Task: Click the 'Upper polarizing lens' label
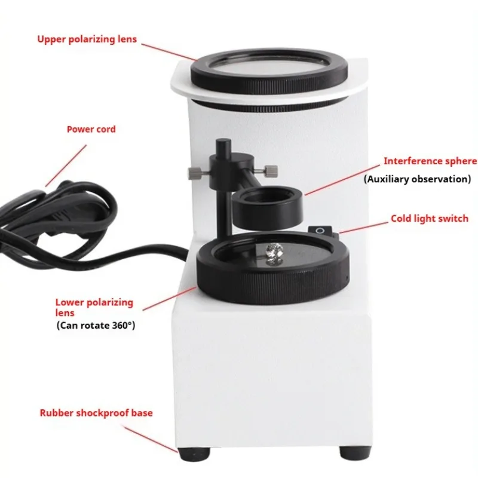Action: click(87, 39)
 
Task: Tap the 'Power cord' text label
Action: click(91, 129)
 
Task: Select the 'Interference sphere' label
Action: click(430, 161)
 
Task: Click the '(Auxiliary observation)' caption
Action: click(417, 179)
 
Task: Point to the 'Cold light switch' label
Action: click(430, 219)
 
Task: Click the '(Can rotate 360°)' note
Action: click(96, 325)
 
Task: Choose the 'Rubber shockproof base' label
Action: click(96, 413)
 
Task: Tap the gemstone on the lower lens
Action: click(274, 252)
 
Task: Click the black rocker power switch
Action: click(320, 231)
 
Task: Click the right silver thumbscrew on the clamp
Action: click(270, 171)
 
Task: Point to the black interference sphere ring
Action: click(267, 206)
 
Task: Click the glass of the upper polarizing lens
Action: click(269, 66)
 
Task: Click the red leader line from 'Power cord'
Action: click(66, 166)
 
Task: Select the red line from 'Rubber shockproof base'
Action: click(151, 439)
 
